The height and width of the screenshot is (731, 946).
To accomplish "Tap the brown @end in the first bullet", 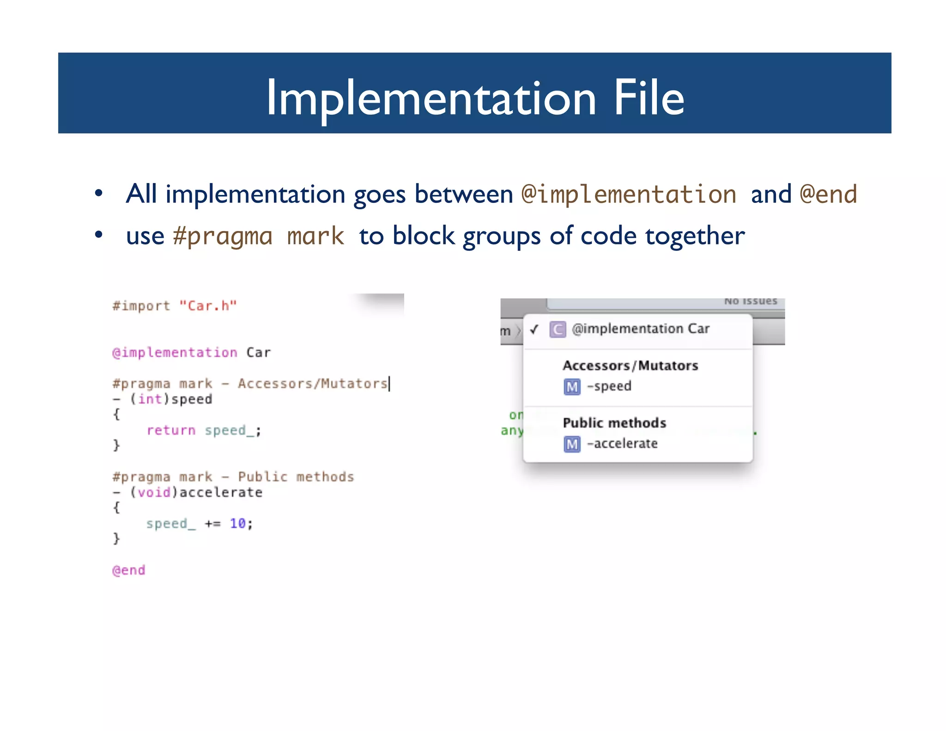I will point(828,194).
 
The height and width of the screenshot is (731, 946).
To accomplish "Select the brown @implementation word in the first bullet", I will point(628,194).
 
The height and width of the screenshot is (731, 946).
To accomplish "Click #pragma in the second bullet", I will point(222,236).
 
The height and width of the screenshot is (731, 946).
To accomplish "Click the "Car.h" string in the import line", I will point(208,306).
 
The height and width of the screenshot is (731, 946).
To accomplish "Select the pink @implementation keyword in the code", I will point(175,353).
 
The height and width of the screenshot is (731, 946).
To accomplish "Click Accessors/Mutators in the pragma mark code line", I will point(312,384).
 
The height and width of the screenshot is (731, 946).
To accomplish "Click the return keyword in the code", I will point(171,430).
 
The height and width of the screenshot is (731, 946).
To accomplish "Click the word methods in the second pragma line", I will point(325,477).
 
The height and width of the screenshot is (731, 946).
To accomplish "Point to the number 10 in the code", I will point(237,524).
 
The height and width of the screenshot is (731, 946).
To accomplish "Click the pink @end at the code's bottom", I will point(129,570).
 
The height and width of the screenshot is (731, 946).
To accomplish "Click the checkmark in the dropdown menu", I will point(534,329).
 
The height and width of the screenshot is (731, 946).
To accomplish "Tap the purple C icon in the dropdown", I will point(558,329).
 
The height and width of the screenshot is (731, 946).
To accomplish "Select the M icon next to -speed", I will point(572,387).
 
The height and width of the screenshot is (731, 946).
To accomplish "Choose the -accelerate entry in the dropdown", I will point(622,444).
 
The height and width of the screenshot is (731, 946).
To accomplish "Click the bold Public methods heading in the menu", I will point(614,423).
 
